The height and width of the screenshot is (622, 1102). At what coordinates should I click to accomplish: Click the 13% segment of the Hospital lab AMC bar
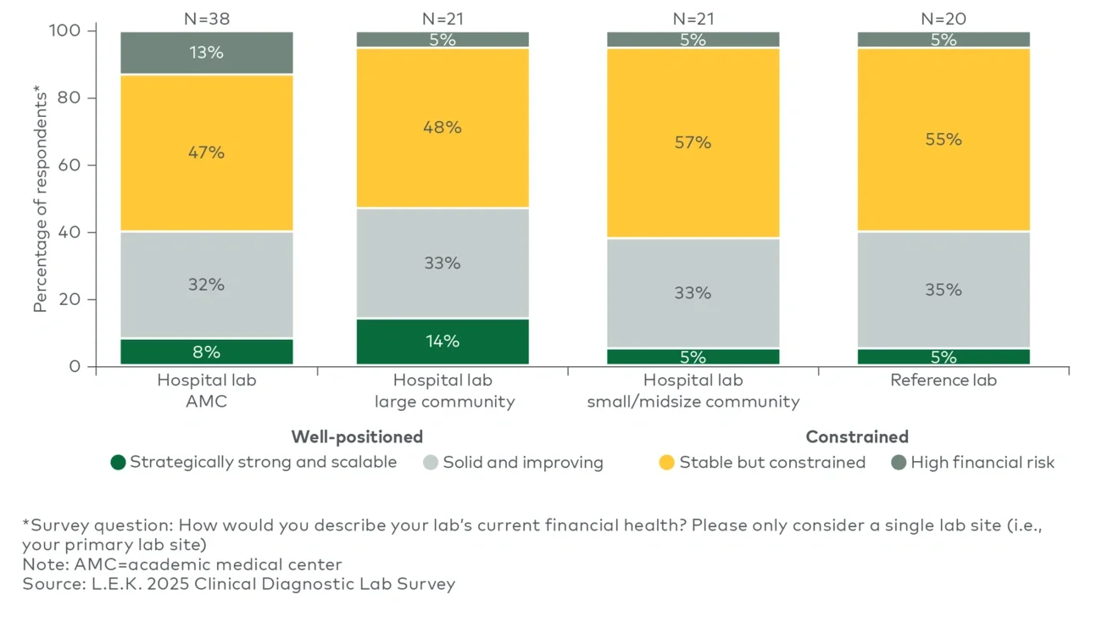tap(207, 53)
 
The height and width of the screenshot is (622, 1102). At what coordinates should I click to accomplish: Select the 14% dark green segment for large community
tap(442, 342)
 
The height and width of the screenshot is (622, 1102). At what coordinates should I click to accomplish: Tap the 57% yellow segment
tap(693, 142)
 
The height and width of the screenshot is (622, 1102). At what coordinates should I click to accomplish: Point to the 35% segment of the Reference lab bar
tap(943, 290)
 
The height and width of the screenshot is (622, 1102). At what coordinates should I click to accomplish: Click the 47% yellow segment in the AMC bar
tap(207, 153)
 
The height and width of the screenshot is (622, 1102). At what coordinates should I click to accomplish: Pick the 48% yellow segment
tap(442, 127)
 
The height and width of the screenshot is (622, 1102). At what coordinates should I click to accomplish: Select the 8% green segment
tap(207, 352)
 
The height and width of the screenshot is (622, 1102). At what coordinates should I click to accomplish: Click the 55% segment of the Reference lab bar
tap(943, 139)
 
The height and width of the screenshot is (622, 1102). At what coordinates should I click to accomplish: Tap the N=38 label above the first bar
tap(207, 17)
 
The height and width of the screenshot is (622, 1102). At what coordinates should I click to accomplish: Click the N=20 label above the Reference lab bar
tap(943, 17)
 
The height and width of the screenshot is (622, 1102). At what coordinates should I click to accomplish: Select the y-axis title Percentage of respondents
tap(40, 198)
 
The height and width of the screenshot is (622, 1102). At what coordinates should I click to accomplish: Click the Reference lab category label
tap(943, 380)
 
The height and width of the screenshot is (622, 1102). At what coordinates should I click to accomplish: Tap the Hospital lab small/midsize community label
tap(693, 391)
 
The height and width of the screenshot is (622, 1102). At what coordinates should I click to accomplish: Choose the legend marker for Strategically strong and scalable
tap(119, 463)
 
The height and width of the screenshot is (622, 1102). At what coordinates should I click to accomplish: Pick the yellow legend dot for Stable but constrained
tap(667, 463)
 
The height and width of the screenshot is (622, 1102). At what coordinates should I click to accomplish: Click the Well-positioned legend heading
tap(357, 437)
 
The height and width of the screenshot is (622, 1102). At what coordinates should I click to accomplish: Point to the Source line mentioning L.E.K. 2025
tap(239, 584)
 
